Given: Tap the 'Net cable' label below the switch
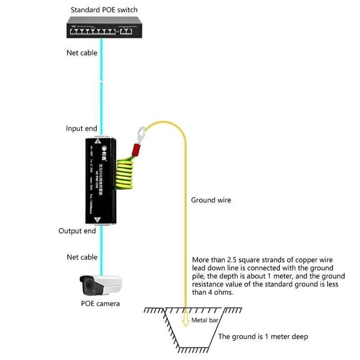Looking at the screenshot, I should click(82, 53).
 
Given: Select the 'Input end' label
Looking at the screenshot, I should click(81, 129).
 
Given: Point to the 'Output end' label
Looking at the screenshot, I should click(77, 231).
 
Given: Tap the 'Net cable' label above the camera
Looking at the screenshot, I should click(82, 257).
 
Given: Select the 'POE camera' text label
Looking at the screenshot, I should click(100, 303).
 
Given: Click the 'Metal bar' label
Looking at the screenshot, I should click(205, 320).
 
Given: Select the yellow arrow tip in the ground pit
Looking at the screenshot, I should click(185, 322).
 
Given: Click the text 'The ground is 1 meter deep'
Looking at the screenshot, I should click(263, 337).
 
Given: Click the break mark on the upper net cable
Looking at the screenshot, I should click(102, 82).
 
